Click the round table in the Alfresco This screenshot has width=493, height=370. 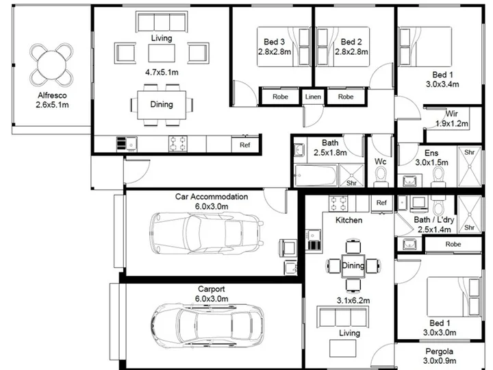point(51,66)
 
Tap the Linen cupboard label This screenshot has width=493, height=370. point(313,97)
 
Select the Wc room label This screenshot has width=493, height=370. point(381,162)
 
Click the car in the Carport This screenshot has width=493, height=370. point(207,327)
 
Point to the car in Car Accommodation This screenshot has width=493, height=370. point(207,233)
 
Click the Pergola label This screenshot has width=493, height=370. point(439,351)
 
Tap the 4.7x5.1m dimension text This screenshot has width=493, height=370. point(162,73)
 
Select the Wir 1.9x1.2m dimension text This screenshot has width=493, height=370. point(452,123)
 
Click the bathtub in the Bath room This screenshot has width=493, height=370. point(316,175)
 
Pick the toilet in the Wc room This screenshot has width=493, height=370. point(381,177)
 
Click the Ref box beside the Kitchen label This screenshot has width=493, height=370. point(381,203)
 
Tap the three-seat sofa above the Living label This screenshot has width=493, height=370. point(162,22)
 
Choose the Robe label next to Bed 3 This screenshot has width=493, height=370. point(280,97)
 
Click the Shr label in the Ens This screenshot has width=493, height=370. point(469,152)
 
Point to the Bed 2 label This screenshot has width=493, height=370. point(351,42)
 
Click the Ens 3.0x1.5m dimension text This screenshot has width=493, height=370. point(431,162)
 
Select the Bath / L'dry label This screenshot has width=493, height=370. point(434,220)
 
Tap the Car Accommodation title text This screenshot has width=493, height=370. point(212,197)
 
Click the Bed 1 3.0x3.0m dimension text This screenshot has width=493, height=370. point(440,332)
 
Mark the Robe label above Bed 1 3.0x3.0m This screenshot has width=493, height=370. point(453,244)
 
